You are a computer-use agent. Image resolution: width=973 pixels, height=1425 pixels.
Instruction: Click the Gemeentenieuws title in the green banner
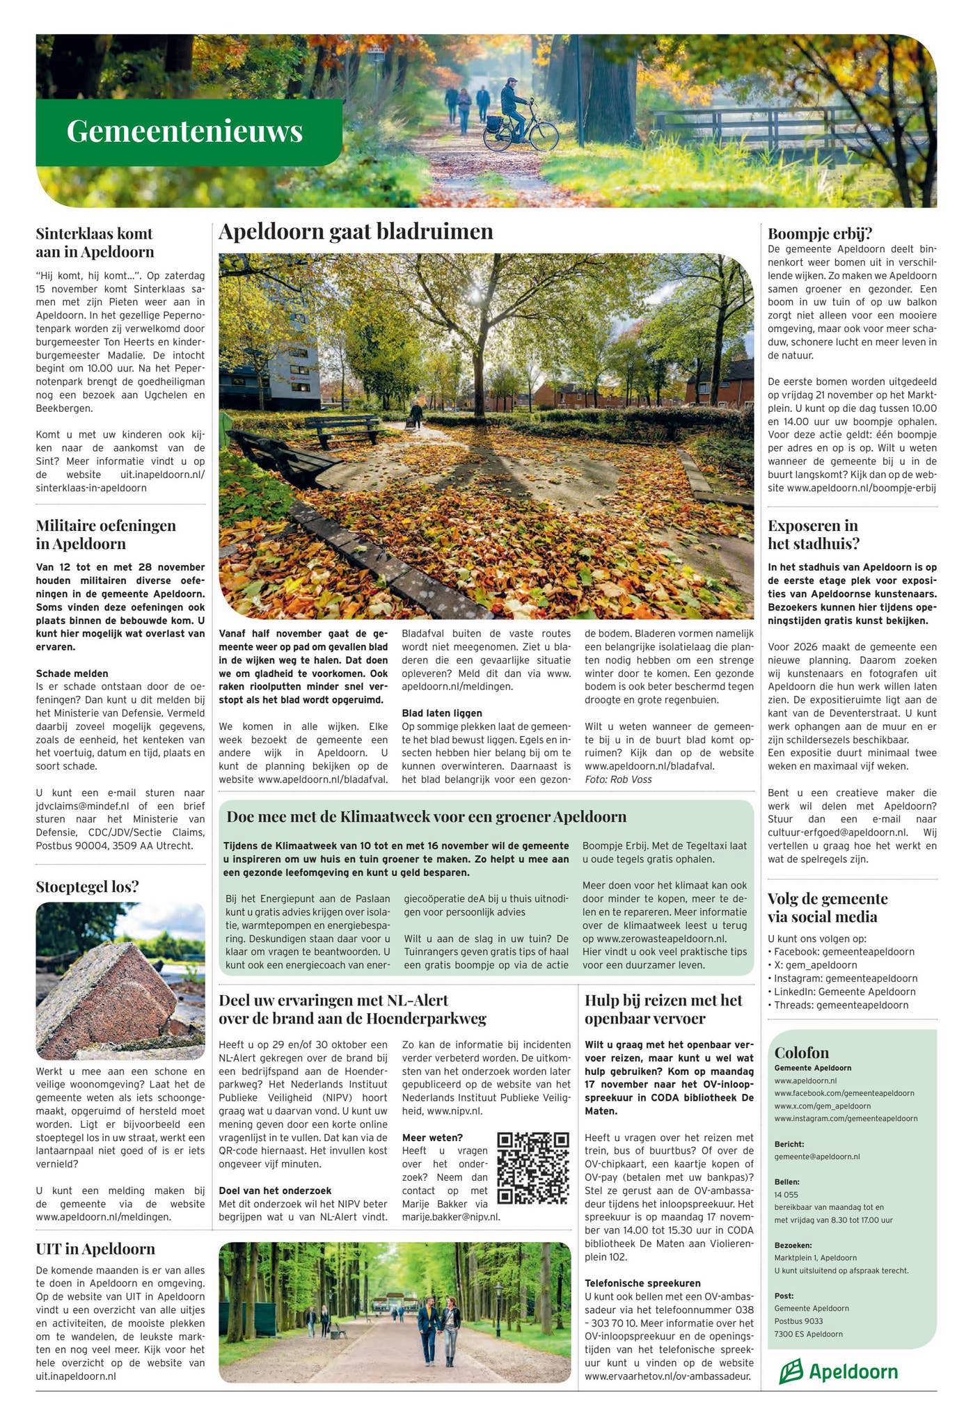point(184,132)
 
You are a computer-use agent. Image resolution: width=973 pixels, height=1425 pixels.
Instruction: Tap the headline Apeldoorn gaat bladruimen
point(356,232)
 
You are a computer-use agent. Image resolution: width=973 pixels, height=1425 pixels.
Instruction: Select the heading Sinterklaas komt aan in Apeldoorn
point(95,242)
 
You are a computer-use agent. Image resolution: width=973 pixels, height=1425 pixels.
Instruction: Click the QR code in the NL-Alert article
point(533,1168)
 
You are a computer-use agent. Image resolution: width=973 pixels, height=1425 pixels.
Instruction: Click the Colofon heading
point(801,1052)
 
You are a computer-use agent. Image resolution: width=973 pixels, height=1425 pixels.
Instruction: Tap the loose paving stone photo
point(120,980)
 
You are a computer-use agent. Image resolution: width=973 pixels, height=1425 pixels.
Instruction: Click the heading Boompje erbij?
point(820,233)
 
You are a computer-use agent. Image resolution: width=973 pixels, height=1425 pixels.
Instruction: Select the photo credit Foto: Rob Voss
point(618,779)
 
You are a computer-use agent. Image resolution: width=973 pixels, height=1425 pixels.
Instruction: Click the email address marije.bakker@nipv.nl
point(451,1217)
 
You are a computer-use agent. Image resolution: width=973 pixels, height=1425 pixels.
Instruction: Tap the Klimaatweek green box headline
point(426,816)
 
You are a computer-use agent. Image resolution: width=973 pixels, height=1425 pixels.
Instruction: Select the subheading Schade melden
point(72,674)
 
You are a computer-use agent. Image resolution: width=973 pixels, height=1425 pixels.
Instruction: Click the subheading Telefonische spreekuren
point(642,1283)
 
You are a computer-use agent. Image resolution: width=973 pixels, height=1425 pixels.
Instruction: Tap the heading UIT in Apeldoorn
point(95,1249)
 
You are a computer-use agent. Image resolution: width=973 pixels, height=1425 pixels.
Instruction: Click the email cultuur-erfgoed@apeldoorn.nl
point(837,832)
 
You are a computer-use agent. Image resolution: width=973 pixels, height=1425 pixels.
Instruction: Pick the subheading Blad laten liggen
point(442,713)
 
